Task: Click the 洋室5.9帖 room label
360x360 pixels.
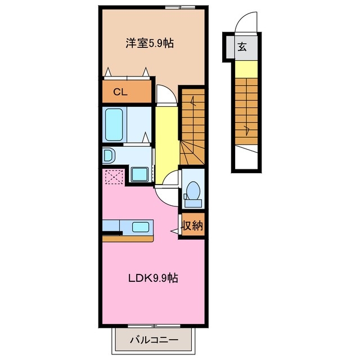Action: [148, 43]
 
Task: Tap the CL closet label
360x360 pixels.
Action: [120, 92]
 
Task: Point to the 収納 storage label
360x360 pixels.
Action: [192, 226]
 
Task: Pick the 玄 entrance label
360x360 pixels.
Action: [242, 47]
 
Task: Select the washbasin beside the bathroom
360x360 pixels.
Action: [109, 155]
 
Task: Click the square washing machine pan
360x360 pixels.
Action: [139, 175]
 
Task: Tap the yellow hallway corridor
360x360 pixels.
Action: [166, 141]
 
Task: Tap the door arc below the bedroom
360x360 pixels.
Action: [165, 94]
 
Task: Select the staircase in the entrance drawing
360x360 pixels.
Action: [246, 110]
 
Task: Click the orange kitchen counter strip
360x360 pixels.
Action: [128, 238]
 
